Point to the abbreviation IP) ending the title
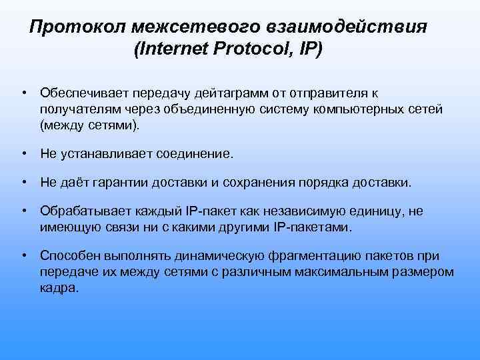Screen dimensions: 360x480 [x=310, y=51]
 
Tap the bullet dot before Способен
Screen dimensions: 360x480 [x=23, y=256]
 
